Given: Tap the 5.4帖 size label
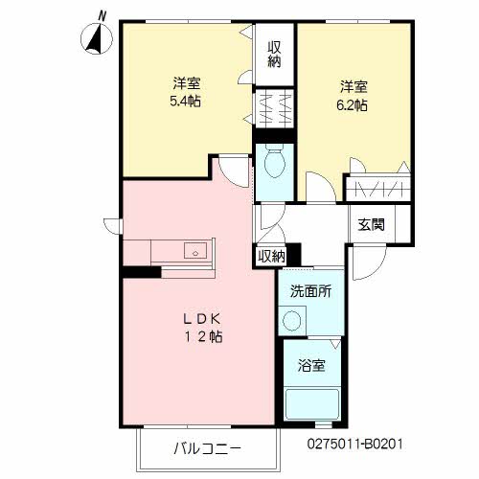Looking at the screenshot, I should (186, 101).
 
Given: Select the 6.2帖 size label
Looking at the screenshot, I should (351, 106).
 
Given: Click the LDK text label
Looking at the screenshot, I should (202, 318).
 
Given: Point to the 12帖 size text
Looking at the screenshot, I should (204, 337).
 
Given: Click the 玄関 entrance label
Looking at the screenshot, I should (372, 225).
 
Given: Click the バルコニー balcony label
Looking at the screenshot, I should (208, 447).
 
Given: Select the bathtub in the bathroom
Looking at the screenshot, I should (311, 403).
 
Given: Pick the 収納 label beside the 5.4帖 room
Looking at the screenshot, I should (274, 54).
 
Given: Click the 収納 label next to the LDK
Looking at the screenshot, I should (271, 256).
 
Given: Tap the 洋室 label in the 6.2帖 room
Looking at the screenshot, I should (353, 85).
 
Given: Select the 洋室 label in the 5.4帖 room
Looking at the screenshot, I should (186, 81).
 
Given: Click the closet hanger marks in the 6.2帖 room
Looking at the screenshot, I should (378, 187).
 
